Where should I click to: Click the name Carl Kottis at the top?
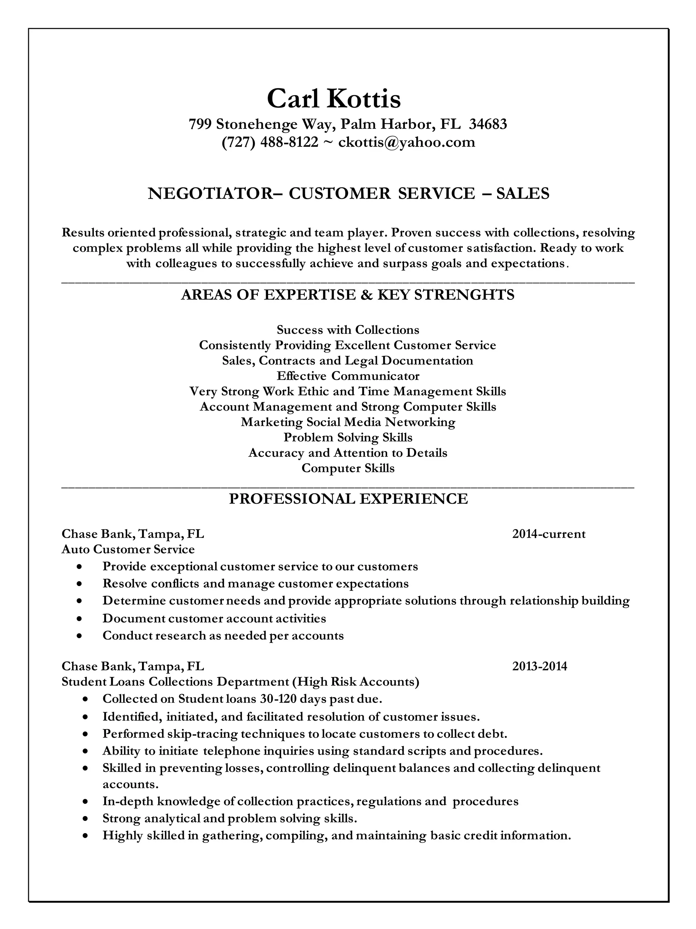[334, 99]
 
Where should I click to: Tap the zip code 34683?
[488, 124]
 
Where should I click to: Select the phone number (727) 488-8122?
[270, 142]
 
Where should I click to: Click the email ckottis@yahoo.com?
[406, 142]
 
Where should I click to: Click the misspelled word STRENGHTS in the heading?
[464, 295]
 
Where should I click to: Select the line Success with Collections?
[348, 330]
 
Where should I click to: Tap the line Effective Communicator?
[348, 376]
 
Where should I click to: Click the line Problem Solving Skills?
[348, 437]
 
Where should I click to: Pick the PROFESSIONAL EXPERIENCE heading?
[348, 499]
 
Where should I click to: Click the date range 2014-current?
[548, 534]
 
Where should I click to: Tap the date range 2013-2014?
[539, 667]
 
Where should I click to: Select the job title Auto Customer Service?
[128, 549]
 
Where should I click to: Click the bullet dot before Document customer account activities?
[79, 619]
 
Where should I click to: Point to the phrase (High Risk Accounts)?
[358, 682]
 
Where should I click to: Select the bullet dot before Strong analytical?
[86, 819]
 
